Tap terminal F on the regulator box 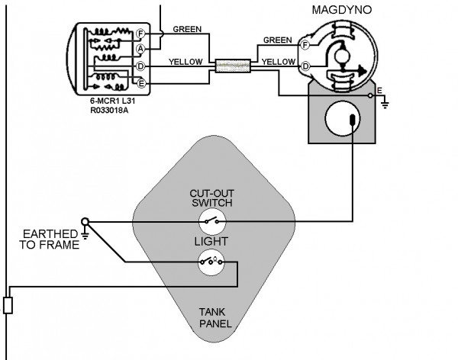(140, 34)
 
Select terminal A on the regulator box (140, 48)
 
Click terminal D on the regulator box (140, 66)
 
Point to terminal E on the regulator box (140, 82)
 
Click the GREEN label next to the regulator (187, 30)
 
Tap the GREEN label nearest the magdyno (278, 39)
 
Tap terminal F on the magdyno (305, 45)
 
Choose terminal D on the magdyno (305, 66)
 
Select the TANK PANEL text (213, 317)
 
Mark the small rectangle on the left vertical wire (8, 306)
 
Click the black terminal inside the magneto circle (352, 120)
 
